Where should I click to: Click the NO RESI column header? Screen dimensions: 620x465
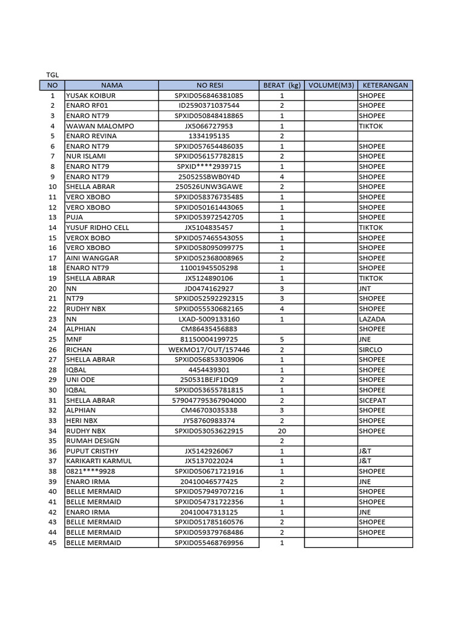pos(209,85)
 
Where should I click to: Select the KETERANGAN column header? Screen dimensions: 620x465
pos(384,85)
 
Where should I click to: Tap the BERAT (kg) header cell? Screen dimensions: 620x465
pos(282,85)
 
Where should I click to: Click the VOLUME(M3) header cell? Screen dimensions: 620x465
pos(331,85)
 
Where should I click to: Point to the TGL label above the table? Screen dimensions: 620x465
pos(53,75)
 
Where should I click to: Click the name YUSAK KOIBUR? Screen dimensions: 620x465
pos(91,96)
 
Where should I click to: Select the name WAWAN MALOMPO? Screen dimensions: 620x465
pos(101,126)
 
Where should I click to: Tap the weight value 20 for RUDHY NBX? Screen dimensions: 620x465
pos(282,431)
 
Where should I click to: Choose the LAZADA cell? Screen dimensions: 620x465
pos(372,319)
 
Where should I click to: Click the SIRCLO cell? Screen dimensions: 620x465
pos(370,349)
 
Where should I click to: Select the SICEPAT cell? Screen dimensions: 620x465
pos(372,400)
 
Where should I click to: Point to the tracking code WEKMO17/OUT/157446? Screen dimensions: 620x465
pos(209,349)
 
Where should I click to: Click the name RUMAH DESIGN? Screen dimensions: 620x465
pos(93,441)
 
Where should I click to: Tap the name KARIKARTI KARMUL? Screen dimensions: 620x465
pos(99,461)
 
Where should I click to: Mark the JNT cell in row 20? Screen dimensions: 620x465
pos(365,288)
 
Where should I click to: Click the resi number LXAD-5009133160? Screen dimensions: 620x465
pos(209,319)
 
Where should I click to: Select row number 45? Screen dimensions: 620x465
pos(52,542)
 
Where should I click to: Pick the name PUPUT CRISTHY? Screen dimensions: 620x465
pos(92,451)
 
